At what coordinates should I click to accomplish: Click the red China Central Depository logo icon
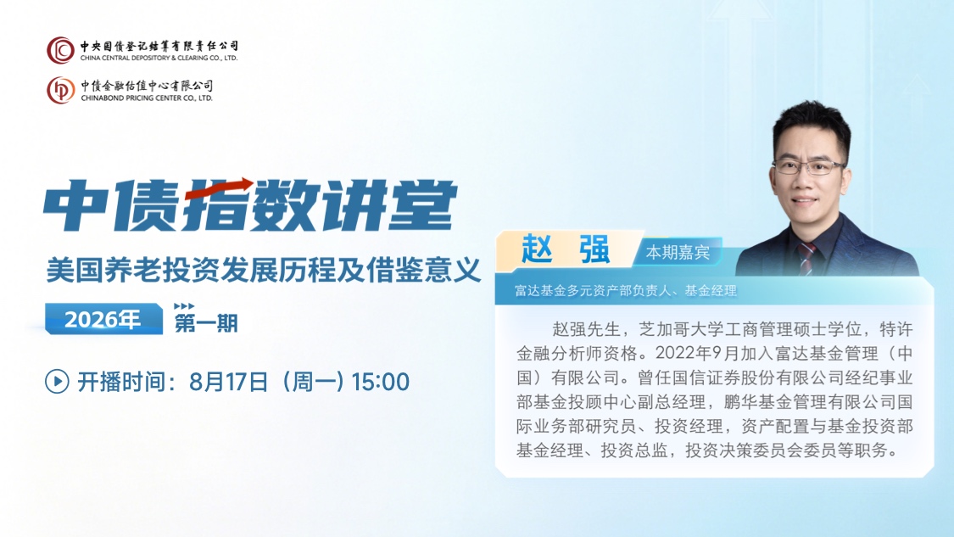60,50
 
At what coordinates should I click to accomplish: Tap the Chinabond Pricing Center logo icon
60,90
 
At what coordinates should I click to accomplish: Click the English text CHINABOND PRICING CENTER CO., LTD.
147,98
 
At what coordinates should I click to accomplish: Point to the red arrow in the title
219,188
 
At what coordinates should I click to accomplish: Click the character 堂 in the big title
422,205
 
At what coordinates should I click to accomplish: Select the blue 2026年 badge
103,319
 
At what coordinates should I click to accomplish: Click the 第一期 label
206,322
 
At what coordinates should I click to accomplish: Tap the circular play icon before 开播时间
57,382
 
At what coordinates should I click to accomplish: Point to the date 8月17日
228,382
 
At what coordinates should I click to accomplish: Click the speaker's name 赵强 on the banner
566,249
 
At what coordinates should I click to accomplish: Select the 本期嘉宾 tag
678,252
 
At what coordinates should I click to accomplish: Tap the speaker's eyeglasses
807,167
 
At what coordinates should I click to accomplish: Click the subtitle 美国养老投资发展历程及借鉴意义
264,271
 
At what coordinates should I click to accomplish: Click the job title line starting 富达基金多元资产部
626,291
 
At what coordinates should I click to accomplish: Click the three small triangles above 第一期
184,306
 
